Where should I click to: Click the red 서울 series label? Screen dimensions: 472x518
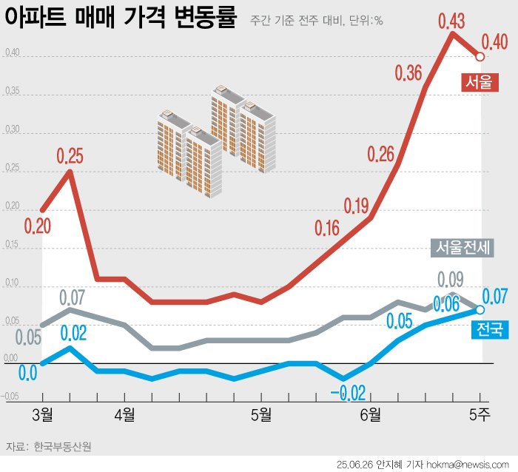(x=478, y=82)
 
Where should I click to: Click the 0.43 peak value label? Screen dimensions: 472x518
(x=451, y=21)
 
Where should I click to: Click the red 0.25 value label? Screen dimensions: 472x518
(x=70, y=156)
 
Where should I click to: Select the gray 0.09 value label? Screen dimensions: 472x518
(x=451, y=280)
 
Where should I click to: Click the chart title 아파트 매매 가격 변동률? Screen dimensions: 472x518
(x=121, y=18)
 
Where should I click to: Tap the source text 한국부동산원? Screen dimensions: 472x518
(x=63, y=447)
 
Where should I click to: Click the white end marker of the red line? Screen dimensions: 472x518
(x=480, y=56)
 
